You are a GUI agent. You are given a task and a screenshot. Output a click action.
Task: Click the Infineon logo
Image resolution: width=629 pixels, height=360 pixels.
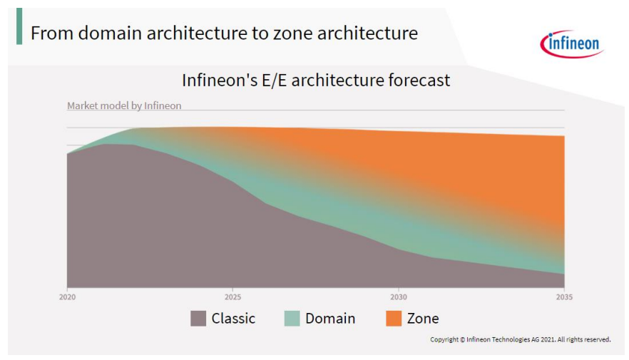(x=572, y=43)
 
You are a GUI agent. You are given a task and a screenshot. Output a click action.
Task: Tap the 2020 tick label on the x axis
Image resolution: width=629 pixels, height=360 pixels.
(x=67, y=297)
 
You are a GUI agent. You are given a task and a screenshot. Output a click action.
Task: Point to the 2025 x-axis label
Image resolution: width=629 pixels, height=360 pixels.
(x=232, y=297)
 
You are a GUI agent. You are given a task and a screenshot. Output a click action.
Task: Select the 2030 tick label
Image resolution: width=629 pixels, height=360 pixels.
(x=399, y=297)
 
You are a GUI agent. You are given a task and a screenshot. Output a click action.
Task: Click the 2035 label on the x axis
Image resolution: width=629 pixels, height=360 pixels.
(x=564, y=297)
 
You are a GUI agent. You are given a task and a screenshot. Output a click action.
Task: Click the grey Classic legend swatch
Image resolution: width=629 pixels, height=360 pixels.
(x=198, y=319)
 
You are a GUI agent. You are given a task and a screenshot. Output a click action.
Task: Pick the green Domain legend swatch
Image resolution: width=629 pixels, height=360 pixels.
(x=292, y=319)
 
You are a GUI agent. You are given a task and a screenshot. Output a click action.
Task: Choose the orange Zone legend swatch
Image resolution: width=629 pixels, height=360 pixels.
(x=394, y=319)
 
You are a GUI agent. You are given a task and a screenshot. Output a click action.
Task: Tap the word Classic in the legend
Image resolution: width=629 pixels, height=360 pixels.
(x=233, y=319)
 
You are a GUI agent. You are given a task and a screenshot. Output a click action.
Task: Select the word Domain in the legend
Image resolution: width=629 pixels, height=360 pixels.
(x=330, y=319)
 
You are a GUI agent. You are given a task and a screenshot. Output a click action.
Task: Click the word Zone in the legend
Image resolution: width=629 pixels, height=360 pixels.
(x=423, y=319)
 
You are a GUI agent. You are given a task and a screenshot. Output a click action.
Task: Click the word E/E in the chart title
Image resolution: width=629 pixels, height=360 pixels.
(x=275, y=80)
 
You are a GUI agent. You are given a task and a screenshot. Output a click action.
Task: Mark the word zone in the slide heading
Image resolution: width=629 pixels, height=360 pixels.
(x=293, y=34)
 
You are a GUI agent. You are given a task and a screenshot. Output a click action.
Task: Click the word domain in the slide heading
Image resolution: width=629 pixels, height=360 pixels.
(x=110, y=33)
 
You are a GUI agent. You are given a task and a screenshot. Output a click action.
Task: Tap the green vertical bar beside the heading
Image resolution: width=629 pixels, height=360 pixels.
(x=19, y=26)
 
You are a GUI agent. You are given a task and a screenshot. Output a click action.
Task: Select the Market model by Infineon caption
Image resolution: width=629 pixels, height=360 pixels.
(x=124, y=106)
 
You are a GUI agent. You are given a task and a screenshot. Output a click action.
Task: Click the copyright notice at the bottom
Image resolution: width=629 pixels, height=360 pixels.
(x=521, y=339)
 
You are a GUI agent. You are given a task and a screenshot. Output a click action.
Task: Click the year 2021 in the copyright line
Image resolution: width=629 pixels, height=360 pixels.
(x=548, y=339)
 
